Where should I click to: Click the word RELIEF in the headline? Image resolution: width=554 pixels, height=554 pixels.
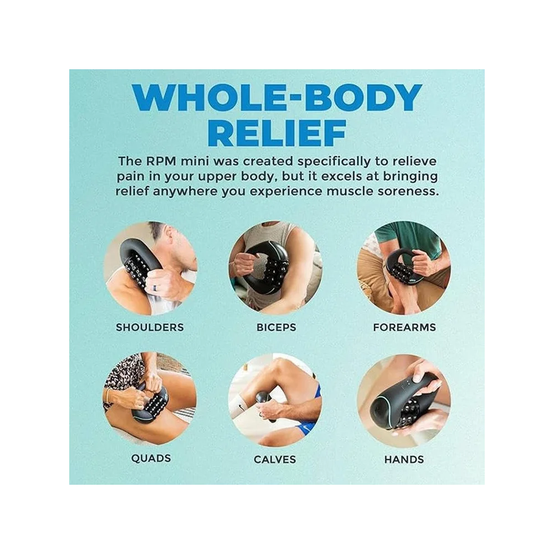pyautogui.click(x=276, y=133)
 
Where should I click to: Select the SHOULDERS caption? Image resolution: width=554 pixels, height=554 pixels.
pyautogui.click(x=150, y=327)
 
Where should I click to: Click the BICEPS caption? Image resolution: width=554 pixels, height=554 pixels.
pyautogui.click(x=276, y=327)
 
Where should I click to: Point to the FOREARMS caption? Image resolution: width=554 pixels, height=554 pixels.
pyautogui.click(x=404, y=327)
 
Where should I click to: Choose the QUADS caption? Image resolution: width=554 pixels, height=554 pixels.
pyautogui.click(x=151, y=458)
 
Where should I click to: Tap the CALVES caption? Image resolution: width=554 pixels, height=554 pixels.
pyautogui.click(x=275, y=459)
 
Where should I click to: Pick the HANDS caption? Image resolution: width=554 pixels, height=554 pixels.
pyautogui.click(x=404, y=459)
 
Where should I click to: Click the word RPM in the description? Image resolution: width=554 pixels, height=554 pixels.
pyautogui.click(x=161, y=161)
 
